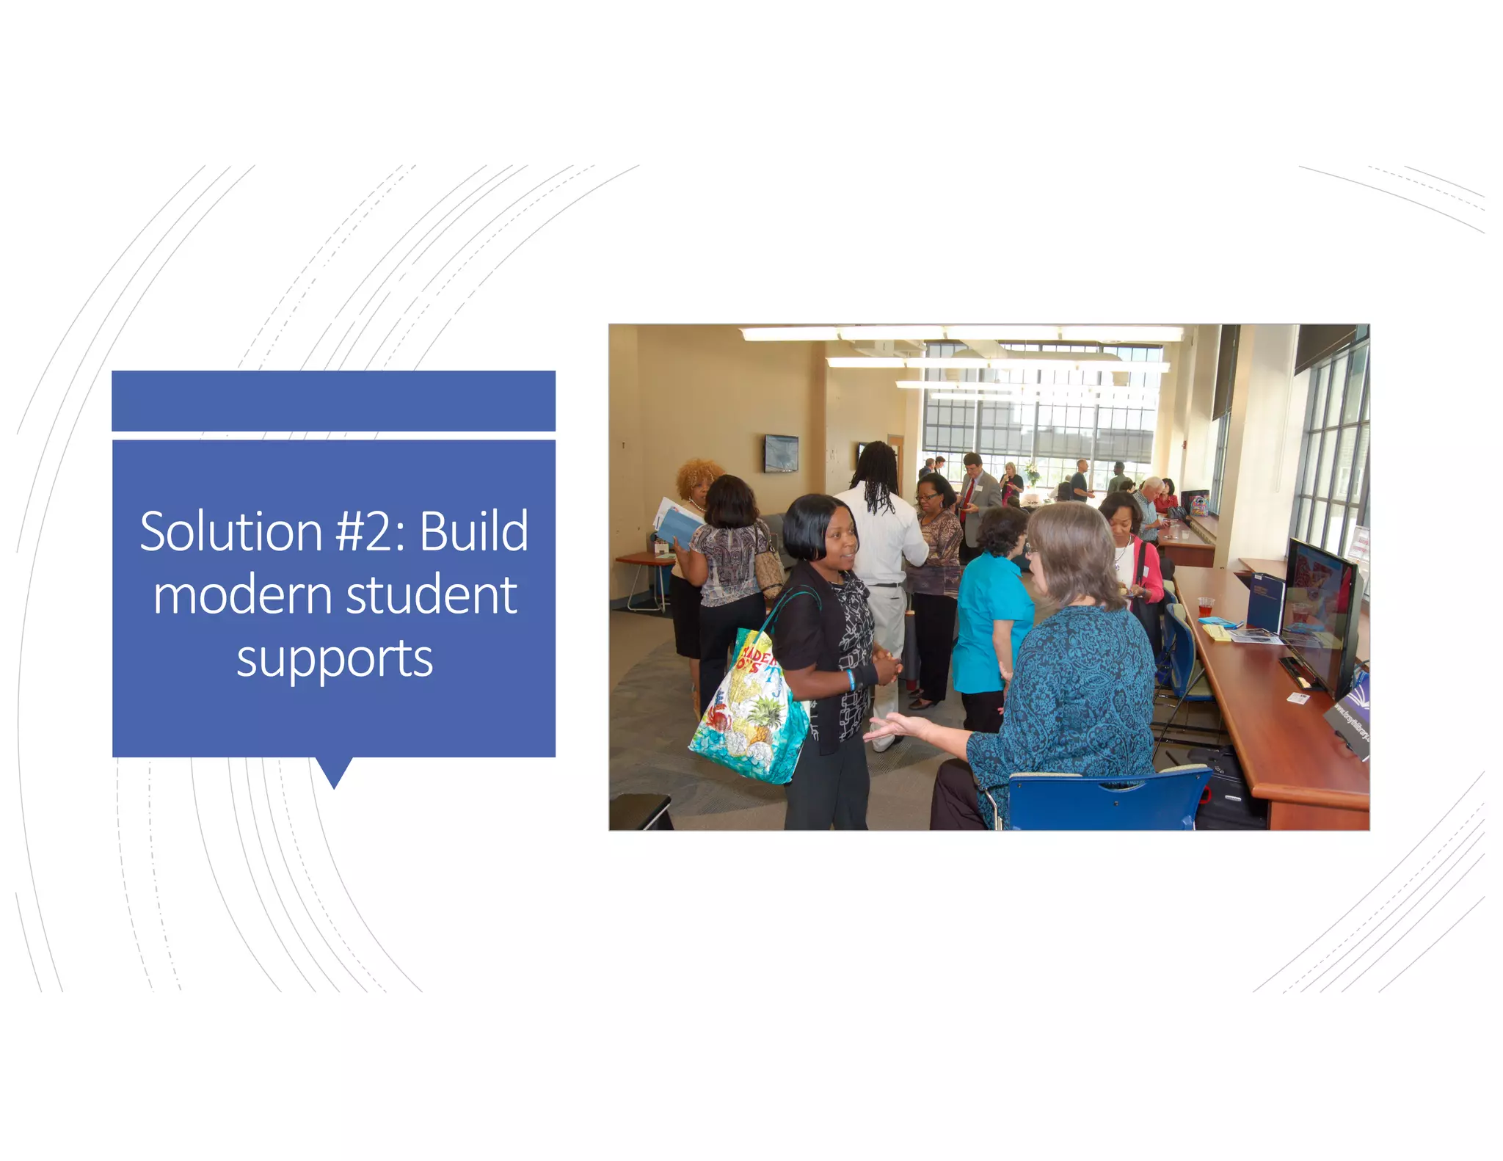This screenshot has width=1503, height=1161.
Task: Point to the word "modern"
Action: [243, 595]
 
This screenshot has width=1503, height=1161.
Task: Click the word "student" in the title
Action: [432, 595]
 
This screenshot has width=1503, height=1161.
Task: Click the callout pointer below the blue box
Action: [334, 772]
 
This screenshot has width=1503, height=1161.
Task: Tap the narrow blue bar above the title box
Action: [333, 401]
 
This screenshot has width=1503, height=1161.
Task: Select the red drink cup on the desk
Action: [1205, 608]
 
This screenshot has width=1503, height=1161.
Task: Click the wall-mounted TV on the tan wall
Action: [781, 452]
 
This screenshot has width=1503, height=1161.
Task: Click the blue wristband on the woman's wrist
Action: [851, 680]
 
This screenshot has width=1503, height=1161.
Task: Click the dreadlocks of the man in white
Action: [877, 477]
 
